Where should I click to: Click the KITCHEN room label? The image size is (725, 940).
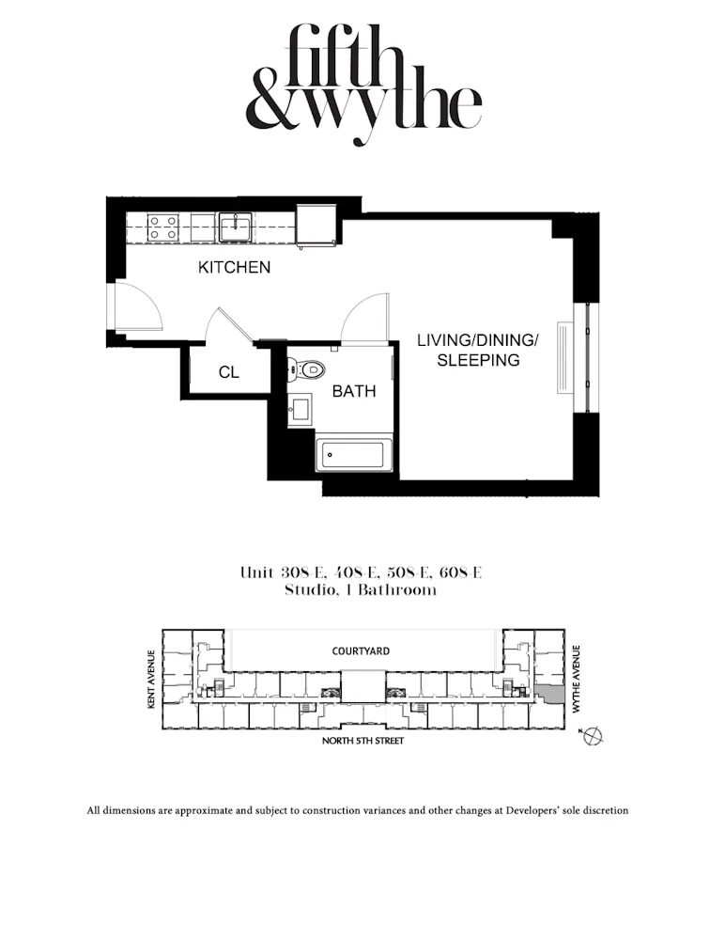coord(234,268)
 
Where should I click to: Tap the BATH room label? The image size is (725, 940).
coord(354,391)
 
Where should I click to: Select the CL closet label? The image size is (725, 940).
coord(228,373)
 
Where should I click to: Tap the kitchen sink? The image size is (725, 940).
coord(234,227)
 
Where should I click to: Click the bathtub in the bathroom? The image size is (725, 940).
coord(354,457)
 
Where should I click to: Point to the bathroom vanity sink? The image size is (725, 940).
coord(300,410)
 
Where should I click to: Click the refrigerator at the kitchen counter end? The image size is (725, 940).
coord(315,227)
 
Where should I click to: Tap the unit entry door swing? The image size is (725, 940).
coord(136,306)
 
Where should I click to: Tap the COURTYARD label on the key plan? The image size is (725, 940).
coord(362,650)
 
